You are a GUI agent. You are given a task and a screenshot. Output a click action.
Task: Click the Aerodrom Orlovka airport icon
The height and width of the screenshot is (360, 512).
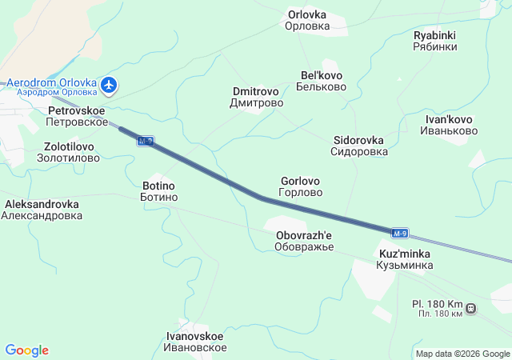coord(110,84)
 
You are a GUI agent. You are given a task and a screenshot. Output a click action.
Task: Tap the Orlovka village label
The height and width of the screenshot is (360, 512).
coord(307,19)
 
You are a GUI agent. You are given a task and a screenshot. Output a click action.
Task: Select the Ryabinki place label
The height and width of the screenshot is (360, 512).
coord(435,41)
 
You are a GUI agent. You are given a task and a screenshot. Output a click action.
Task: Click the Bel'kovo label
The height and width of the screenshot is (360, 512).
coord(322,81)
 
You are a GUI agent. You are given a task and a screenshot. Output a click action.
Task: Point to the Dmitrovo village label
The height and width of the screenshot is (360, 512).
coord(256,97)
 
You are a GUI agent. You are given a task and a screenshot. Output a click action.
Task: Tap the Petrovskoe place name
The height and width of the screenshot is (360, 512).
coord(78,115)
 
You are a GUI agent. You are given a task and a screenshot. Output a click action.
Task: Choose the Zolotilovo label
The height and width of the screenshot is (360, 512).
coord(69,152)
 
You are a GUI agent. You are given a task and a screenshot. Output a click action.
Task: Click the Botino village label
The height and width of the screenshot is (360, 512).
coord(158,190)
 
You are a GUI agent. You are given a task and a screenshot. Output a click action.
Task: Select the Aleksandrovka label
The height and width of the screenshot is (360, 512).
coord(41,210)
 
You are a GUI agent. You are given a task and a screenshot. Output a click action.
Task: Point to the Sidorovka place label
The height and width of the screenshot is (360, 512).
coord(358,145)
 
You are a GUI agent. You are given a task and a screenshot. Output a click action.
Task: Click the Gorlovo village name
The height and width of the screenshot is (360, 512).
coord(301,186)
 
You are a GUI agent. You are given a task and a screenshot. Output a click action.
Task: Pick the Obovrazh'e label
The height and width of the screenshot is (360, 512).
coord(303,241)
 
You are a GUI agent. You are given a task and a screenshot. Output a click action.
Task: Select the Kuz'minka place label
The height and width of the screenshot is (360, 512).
coord(406,259)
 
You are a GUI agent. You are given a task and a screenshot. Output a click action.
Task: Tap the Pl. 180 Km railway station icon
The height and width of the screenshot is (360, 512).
coord(471,308)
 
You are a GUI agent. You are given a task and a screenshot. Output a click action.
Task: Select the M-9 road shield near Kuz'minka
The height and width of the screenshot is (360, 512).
coord(401,234)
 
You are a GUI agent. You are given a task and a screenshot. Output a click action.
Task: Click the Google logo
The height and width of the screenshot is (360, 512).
coord(26,350)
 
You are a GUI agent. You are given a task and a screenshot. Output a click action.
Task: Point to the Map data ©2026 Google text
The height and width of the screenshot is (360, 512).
coord(462,354)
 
